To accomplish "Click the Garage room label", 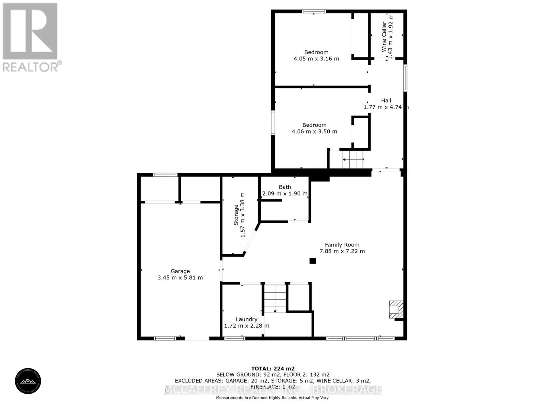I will click(x=180, y=271).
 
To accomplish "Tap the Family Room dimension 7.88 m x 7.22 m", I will click(x=342, y=251).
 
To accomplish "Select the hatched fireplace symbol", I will click(x=396, y=309).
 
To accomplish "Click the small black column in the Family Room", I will click(x=313, y=261).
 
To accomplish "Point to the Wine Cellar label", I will click(x=384, y=36).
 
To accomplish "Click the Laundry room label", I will click(x=246, y=319).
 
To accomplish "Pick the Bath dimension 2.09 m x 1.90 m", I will click(x=285, y=194).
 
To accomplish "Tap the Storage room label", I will click(x=236, y=215).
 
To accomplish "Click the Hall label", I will click(x=386, y=100).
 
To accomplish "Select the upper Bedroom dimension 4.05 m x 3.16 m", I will click(x=316, y=59).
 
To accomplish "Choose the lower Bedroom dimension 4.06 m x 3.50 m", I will click(x=314, y=132).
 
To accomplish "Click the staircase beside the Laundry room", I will click(x=275, y=299).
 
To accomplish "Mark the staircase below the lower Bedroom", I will click(x=353, y=159).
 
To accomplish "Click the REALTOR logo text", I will click(x=32, y=66).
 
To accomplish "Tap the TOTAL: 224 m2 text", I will click(x=273, y=368).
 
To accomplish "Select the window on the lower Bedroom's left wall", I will click(x=273, y=123).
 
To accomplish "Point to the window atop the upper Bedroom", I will click(x=314, y=12).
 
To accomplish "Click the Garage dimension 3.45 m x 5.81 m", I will click(x=180, y=278).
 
